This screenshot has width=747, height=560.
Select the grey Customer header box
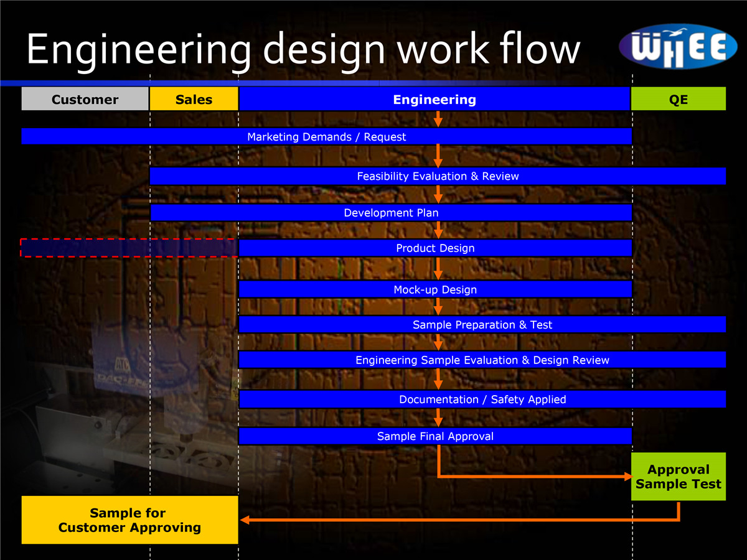(x=85, y=100)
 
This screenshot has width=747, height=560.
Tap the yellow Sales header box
(x=194, y=100)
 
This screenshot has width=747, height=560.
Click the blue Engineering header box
(x=435, y=100)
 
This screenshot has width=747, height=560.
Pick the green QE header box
(x=679, y=100)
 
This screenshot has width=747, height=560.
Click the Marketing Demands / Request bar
(x=326, y=137)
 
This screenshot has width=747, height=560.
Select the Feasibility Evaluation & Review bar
(x=438, y=176)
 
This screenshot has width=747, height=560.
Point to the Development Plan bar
(x=391, y=213)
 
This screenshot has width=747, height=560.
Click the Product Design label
(x=435, y=248)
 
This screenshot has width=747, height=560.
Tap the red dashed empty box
(x=129, y=248)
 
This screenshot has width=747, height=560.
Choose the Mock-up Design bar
(x=435, y=289)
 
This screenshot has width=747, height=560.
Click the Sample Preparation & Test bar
(x=482, y=325)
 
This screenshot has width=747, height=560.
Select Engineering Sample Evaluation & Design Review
(x=482, y=360)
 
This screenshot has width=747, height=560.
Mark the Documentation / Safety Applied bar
(x=482, y=399)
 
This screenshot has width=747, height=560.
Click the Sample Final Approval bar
(x=435, y=436)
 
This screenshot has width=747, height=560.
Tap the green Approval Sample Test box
(x=679, y=477)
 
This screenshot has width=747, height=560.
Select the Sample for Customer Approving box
(x=129, y=520)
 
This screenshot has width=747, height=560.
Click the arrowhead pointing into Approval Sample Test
(x=627, y=477)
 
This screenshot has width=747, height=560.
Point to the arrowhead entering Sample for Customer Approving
(x=245, y=520)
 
